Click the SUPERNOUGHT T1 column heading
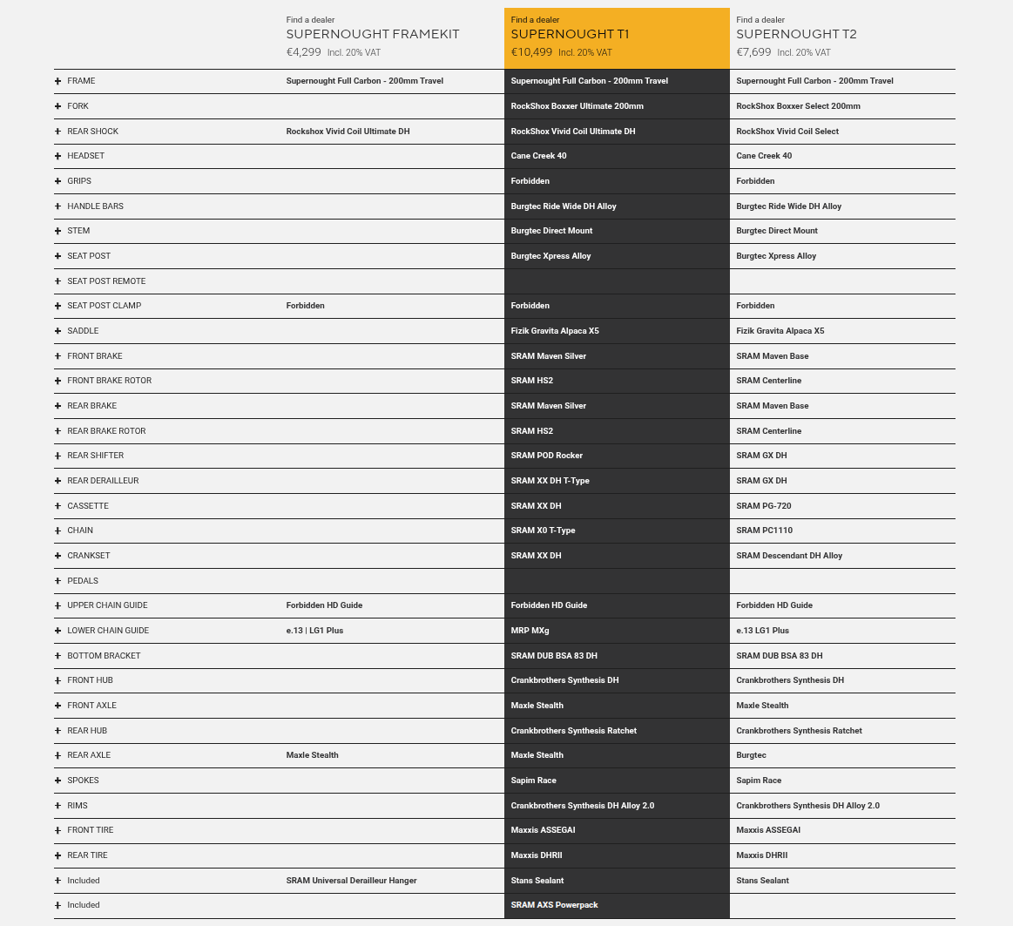pos(570,34)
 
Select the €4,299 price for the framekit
pos(304,52)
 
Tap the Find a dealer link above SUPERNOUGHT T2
pos(760,20)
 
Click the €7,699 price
pos(753,52)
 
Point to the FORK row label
pos(78,106)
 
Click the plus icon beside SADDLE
pos(58,331)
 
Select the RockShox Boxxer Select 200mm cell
pos(798,106)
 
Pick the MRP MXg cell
pos(530,631)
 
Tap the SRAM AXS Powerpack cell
pos(554,905)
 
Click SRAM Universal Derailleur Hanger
pos(351,881)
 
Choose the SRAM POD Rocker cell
pos(546,456)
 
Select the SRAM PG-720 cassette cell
pos(763,506)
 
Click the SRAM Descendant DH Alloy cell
pos(789,556)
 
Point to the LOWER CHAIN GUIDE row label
pos(108,631)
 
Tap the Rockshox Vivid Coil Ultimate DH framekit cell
pos(348,132)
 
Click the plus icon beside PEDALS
pos(58,581)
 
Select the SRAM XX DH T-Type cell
pos(550,481)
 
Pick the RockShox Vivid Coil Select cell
pos(787,132)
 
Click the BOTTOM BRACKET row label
pos(104,656)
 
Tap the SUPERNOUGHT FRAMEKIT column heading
pos(373,34)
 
